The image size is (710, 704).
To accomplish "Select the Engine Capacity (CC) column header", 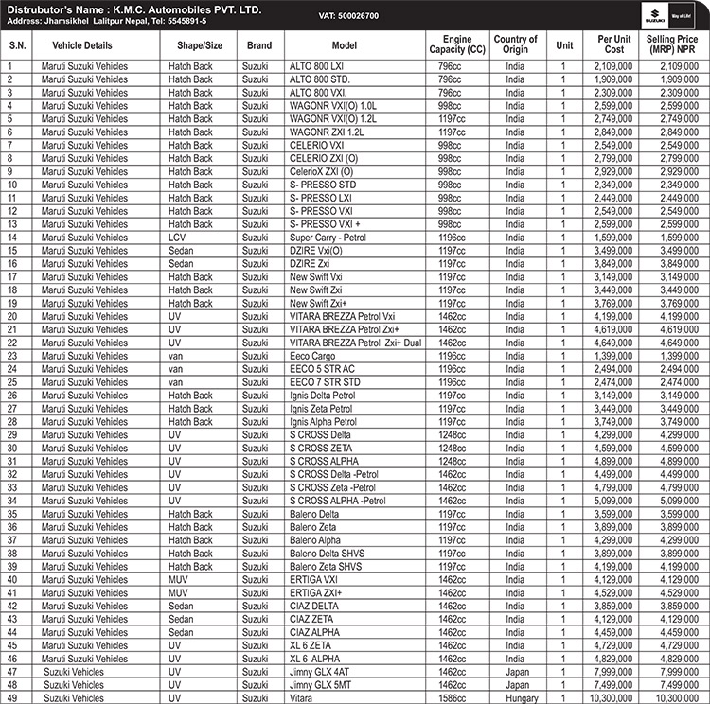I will pos(456,44).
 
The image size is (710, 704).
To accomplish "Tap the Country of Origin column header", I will pos(515,44).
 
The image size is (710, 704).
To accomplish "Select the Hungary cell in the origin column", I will pos(515,698).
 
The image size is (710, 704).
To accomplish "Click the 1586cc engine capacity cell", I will pos(453,698).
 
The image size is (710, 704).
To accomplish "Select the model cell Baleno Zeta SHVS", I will pos(326,567).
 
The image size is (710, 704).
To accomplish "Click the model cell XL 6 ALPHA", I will pos(315,659).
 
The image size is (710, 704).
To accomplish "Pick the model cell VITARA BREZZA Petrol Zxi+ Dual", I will pos(356,343).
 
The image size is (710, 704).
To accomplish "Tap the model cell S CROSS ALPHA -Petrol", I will pos(338,501).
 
